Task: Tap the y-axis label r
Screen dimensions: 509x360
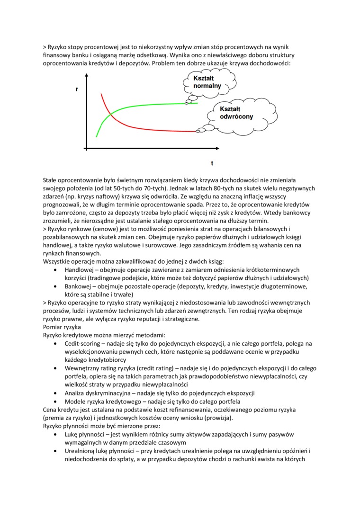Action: [x=77, y=89]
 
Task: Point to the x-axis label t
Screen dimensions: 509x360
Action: [x=212, y=163]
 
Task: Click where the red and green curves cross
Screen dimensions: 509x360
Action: [x=110, y=114]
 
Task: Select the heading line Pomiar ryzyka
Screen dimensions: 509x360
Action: [x=62, y=327]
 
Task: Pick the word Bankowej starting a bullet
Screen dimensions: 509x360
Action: [x=78, y=286]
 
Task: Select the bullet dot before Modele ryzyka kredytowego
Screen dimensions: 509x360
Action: [x=56, y=401]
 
